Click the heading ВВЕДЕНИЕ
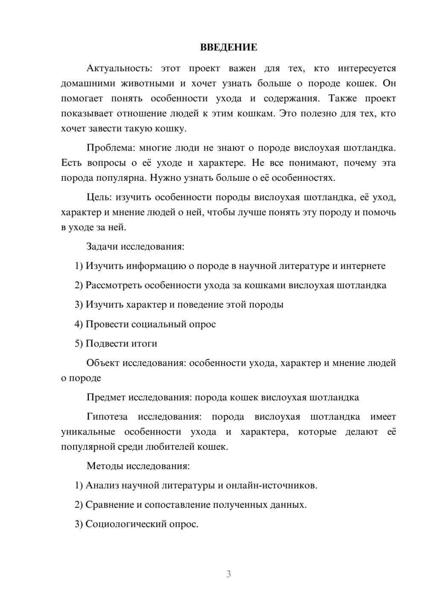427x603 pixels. click(x=228, y=47)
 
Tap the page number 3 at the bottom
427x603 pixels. click(x=228, y=574)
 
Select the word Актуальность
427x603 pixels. click(x=119, y=68)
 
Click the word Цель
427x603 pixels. click(x=99, y=197)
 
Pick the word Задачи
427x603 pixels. click(x=102, y=246)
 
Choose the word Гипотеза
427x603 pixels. click(x=107, y=417)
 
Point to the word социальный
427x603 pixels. click(x=159, y=324)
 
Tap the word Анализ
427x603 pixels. click(x=102, y=485)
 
